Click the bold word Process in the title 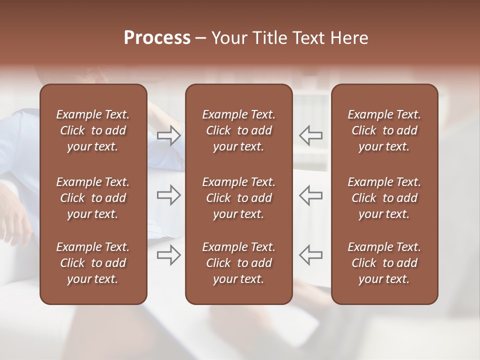point(157,38)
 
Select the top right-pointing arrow point(169,135)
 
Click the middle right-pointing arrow point(169,195)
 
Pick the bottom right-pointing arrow point(169,255)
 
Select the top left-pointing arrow point(311,135)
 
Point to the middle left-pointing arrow point(311,195)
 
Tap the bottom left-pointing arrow point(311,255)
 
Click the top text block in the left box point(93,130)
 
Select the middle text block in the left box point(93,198)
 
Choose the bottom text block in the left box point(93,263)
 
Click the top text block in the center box point(238,130)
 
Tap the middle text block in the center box point(238,198)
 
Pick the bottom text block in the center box point(238,263)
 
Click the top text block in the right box point(384,130)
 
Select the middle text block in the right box point(384,198)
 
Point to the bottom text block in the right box point(384,263)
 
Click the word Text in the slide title point(306,38)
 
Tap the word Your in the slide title point(227,38)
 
